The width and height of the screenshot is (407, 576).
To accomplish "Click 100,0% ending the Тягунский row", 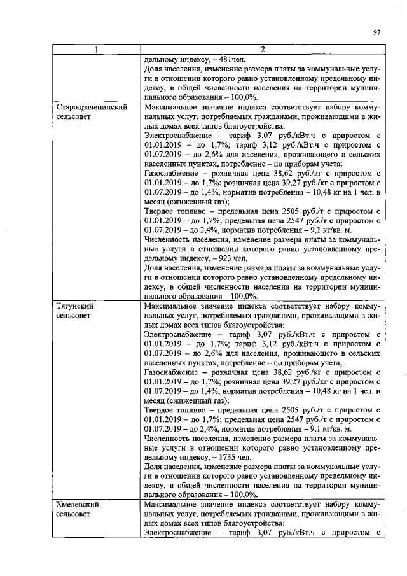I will coord(240,495).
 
